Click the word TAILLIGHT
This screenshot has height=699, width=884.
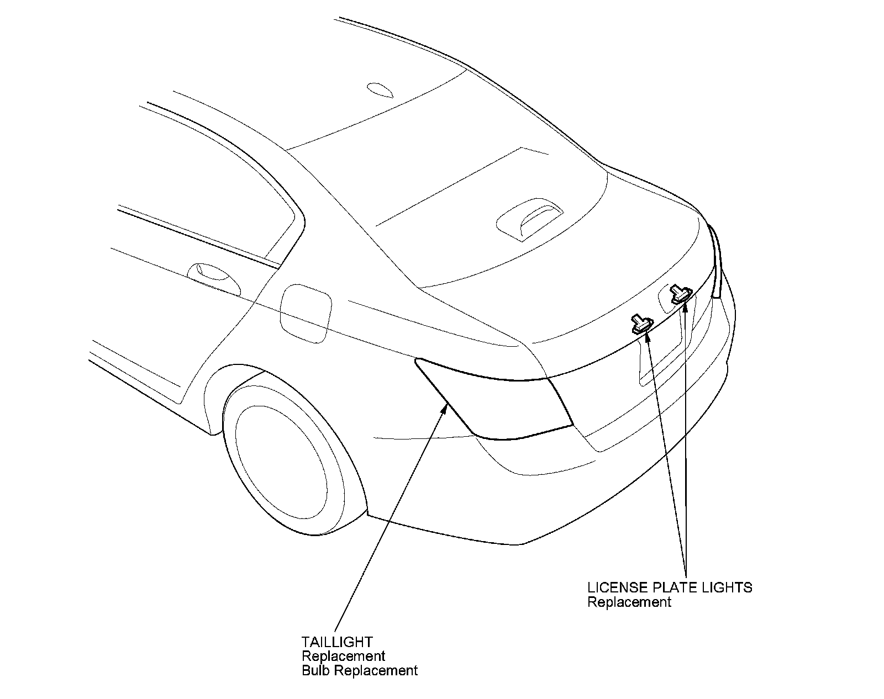pos(337,642)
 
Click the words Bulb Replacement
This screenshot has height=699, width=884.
pos(360,671)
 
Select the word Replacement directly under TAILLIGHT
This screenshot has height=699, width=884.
pos(343,656)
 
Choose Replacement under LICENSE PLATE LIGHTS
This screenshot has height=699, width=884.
pos(629,602)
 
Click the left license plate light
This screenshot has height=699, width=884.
pos(641,325)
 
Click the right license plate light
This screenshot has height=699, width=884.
pos(680,294)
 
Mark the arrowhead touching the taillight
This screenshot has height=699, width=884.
pos(445,407)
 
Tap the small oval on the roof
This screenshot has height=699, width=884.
pos(380,90)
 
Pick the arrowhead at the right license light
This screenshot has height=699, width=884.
pos(685,307)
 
